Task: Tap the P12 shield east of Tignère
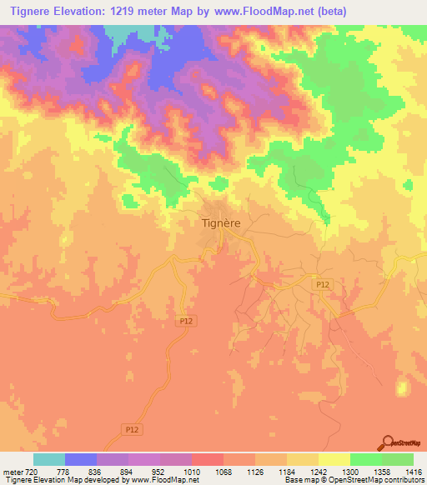[x=324, y=285]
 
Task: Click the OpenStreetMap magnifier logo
[x=387, y=442]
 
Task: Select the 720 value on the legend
[x=33, y=472]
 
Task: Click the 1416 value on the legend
[x=413, y=472]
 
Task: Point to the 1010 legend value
[x=192, y=472]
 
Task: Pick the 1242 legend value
[x=319, y=472]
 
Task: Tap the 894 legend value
[x=128, y=472]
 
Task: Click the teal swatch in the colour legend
[x=49, y=459]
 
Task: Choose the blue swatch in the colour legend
[x=81, y=459]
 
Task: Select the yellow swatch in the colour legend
[x=334, y=459]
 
